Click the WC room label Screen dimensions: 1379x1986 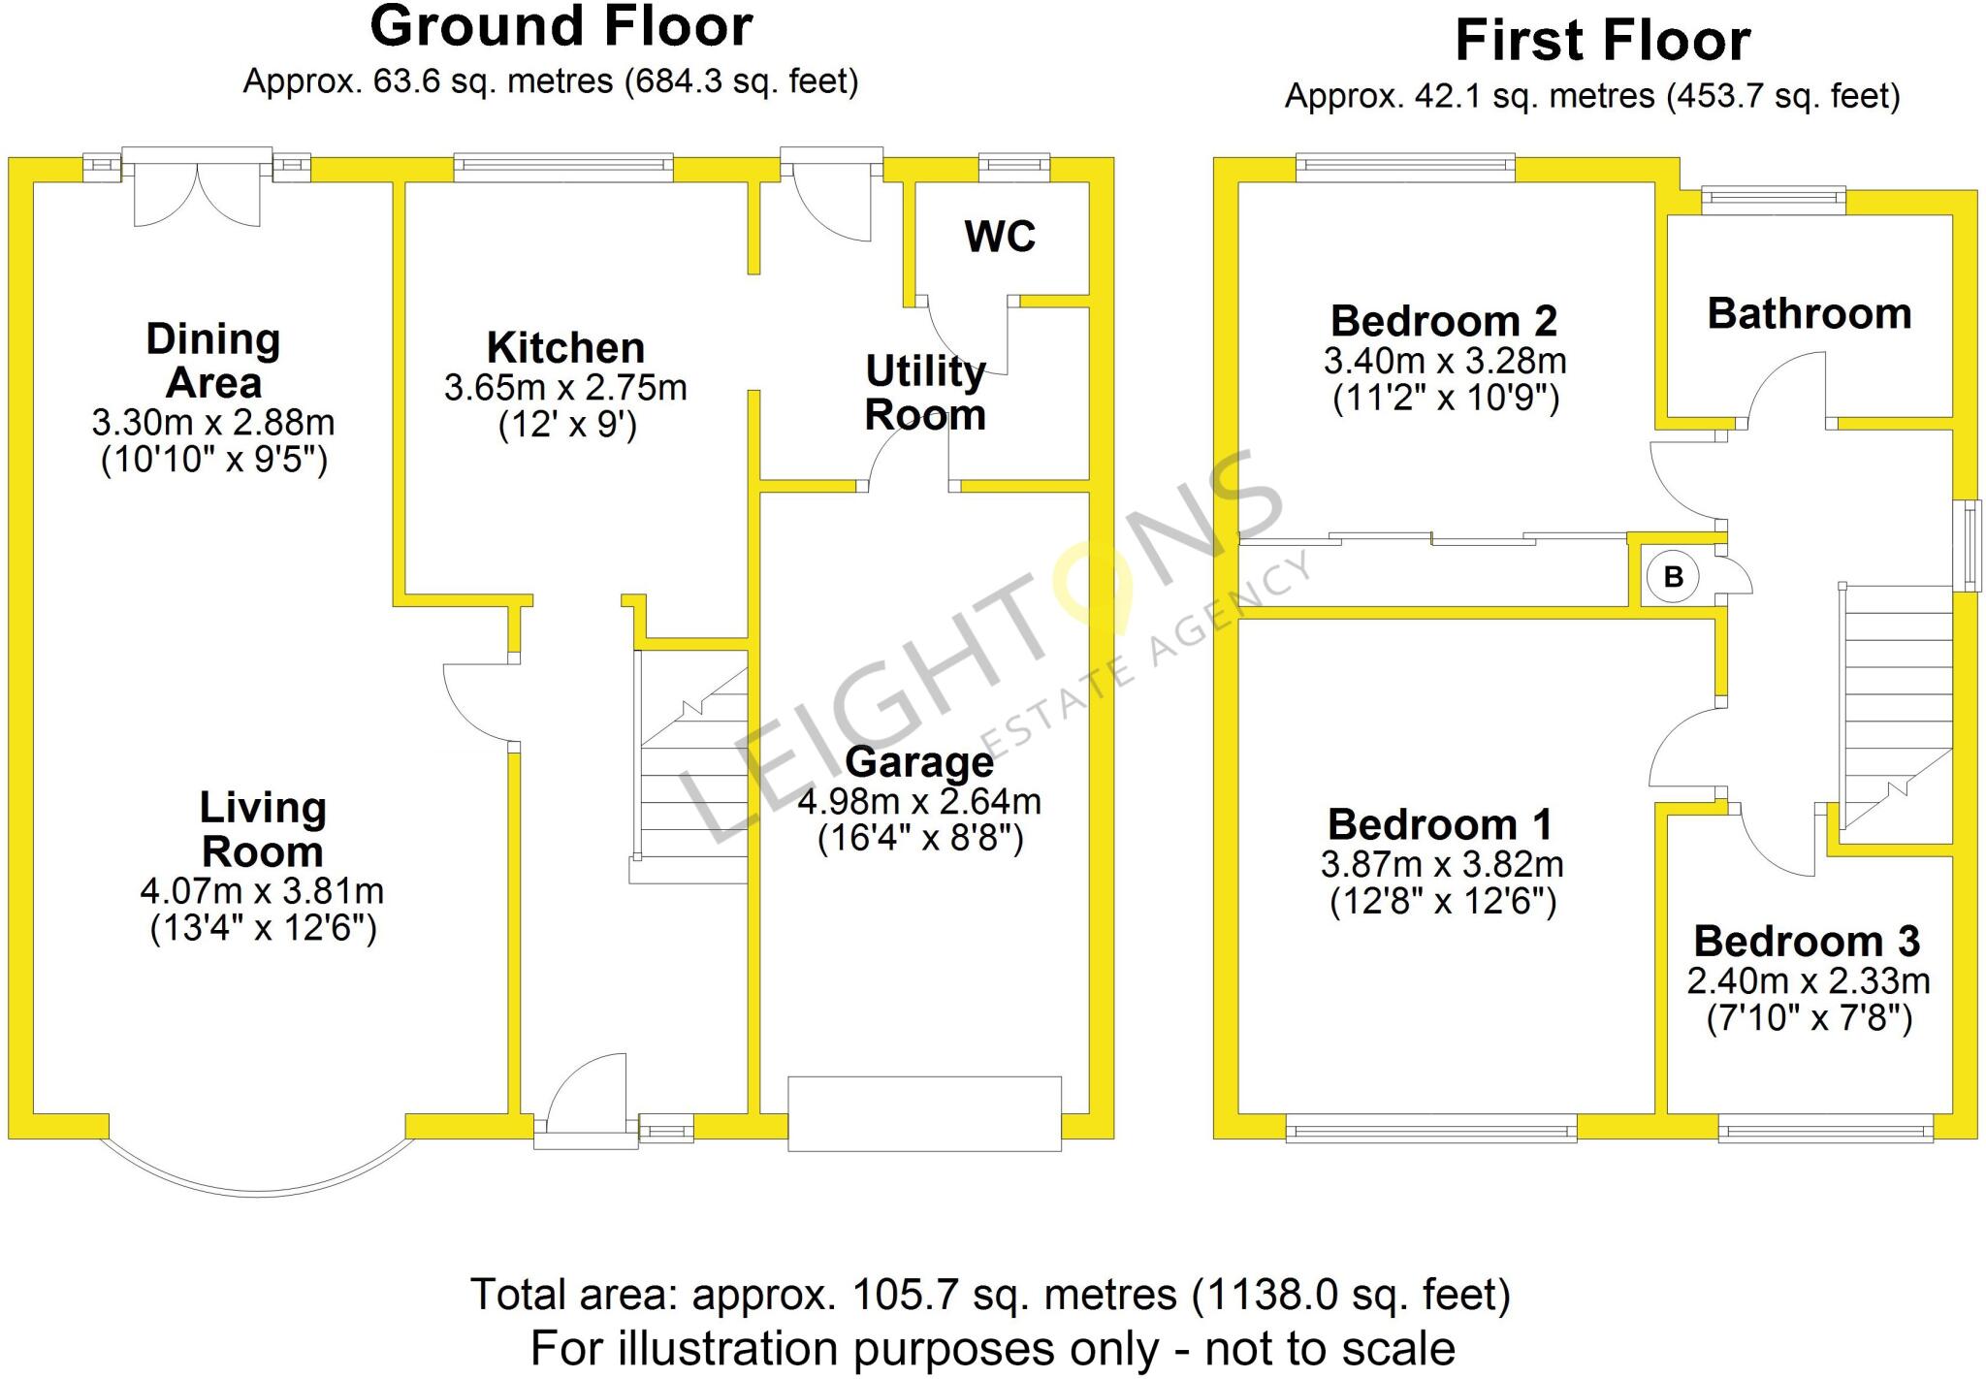coord(1000,237)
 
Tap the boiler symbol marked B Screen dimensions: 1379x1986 coord(1673,578)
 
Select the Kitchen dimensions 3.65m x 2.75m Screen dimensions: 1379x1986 coord(565,388)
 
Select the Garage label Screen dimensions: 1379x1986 coord(919,762)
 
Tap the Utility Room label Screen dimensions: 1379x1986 coord(925,393)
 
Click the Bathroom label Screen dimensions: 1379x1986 coord(1809,314)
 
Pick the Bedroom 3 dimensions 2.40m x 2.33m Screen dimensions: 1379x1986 coord(1808,981)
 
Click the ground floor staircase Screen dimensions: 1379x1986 coord(691,766)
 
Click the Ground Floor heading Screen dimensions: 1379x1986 coord(561,27)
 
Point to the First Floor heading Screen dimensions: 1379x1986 coord(1602,42)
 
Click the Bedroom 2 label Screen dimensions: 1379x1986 coord(1444,321)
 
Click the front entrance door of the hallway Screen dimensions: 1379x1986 coord(587,1115)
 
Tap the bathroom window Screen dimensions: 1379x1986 coord(1774,201)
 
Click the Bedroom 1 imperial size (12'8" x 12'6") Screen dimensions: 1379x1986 coord(1442,903)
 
